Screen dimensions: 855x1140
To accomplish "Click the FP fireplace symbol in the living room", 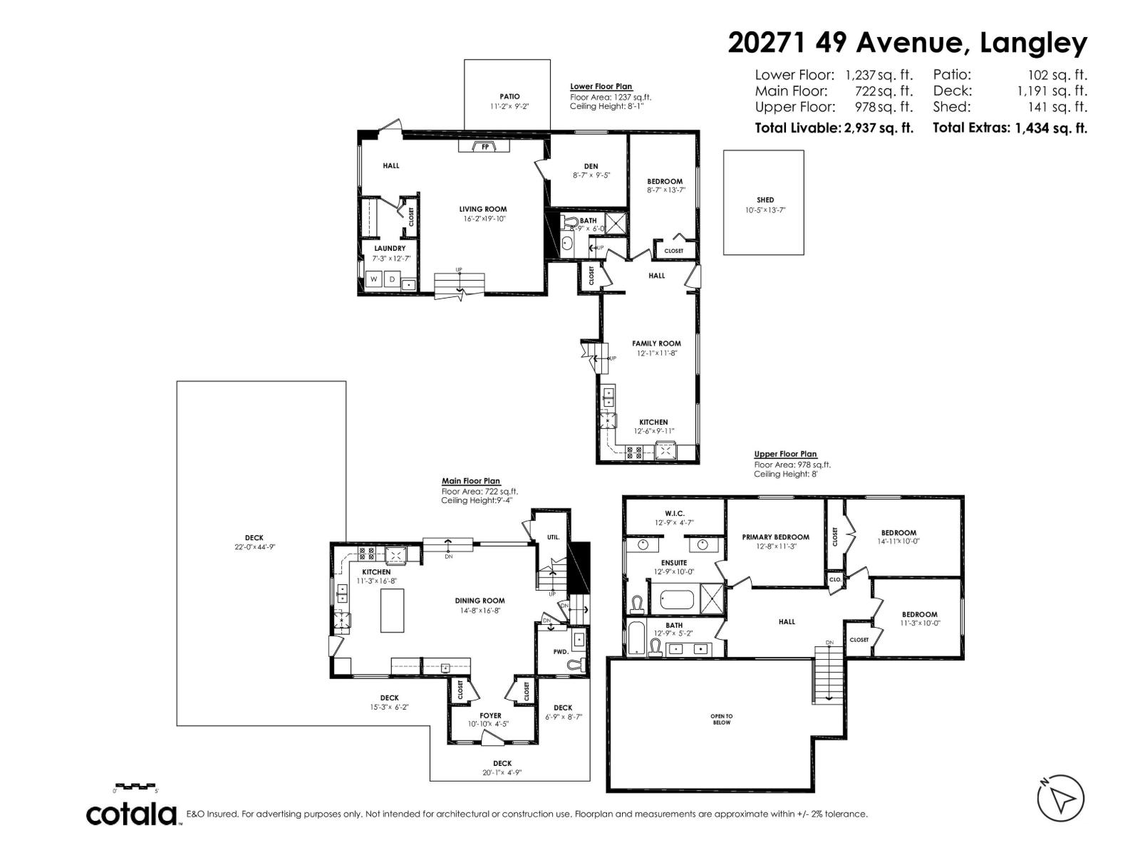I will pos(484,147).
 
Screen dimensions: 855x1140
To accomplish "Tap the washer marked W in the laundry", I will pos(373,279).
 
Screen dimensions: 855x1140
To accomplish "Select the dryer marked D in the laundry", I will pos(391,279).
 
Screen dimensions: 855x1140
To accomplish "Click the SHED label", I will pos(765,200).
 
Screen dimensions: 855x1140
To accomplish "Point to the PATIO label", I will pos(509,96).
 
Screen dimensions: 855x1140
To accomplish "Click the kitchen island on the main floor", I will pos(392,611).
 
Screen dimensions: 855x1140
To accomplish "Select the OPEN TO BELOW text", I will pos(721,719).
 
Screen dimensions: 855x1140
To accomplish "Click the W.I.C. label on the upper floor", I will pos(674,513).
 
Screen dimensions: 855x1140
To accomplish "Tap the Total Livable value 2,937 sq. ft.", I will pos(878,128).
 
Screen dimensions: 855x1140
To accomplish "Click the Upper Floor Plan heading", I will pos(785,454).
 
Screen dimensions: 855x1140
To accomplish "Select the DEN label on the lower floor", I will pos(591,166).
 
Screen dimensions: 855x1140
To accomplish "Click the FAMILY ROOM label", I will pos(656,343).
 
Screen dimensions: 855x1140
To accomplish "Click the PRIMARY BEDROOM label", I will pos(775,537).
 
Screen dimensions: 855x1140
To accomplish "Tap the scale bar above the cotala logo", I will pos(135,786).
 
